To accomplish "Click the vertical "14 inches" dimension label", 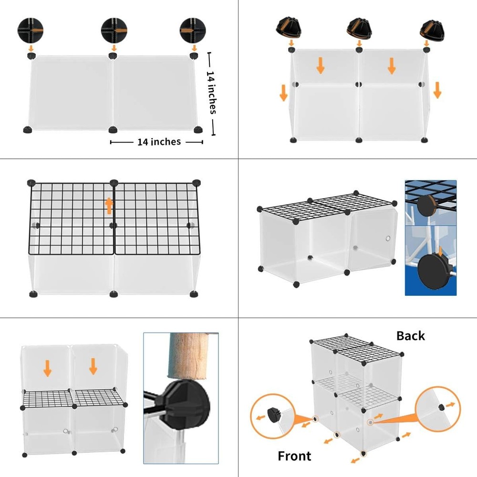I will [212, 93].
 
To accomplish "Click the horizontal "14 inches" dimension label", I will [159, 142].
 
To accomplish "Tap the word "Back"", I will [410, 336].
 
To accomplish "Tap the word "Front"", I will [294, 456].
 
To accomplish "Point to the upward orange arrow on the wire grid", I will [109, 205].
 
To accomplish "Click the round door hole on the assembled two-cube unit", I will [388, 238].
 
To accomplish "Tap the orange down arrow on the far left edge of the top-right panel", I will [283, 93].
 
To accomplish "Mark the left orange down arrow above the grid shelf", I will [47, 368].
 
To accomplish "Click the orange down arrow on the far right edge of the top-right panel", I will [437, 90].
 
